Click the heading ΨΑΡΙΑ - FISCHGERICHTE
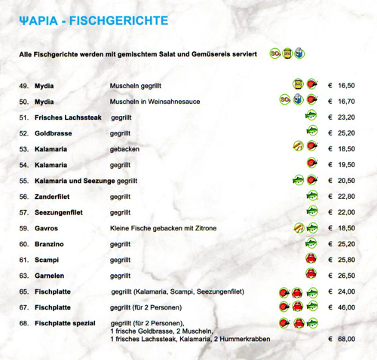(93, 21)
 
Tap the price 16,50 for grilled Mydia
(346, 86)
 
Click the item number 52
(23, 133)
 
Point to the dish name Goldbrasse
(52, 133)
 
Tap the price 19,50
(346, 165)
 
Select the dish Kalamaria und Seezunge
(75, 181)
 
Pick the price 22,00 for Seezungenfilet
(346, 212)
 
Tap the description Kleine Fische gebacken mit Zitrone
(164, 228)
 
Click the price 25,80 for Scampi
(346, 260)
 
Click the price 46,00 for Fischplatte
(346, 307)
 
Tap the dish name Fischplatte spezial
(65, 323)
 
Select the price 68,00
(346, 340)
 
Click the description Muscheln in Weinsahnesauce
(155, 102)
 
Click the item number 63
(23, 276)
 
